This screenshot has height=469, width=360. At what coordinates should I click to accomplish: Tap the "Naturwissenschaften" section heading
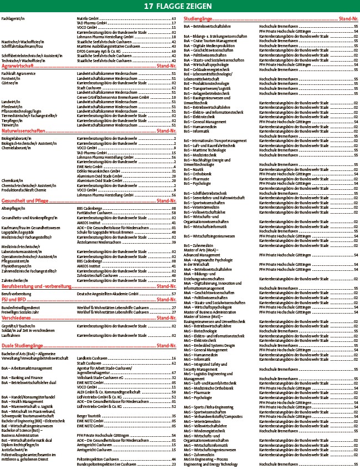click(x=24, y=132)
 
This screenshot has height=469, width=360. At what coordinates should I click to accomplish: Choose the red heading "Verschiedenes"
click(x=17, y=319)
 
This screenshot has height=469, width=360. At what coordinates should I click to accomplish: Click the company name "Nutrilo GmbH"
click(x=88, y=19)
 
